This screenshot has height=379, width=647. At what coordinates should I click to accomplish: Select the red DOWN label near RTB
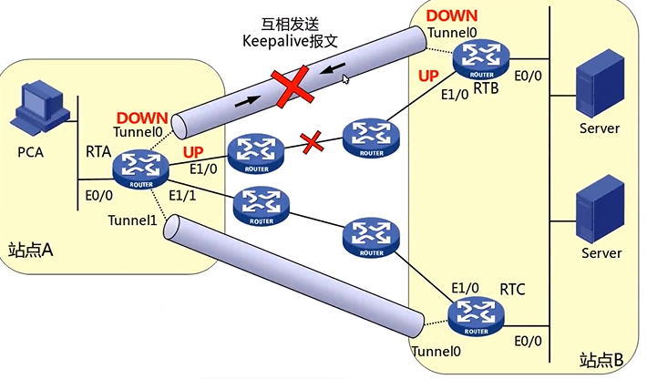(x=452, y=15)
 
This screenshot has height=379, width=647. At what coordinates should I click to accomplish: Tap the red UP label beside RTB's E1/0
(x=428, y=76)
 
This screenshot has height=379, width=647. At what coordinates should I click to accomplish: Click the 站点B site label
(x=601, y=361)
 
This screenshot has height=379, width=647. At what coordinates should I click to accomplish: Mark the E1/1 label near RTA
(x=182, y=196)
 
